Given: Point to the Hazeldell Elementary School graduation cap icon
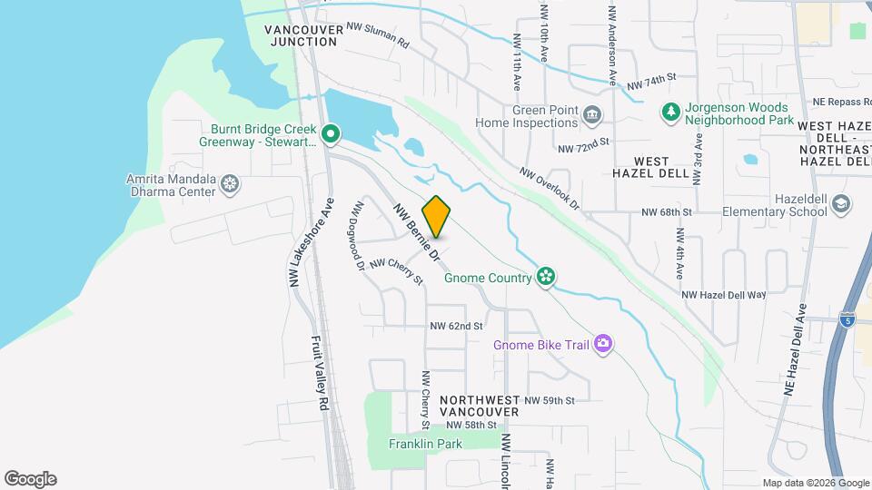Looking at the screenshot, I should tap(841, 204).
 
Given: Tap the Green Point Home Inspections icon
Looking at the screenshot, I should tap(593, 114).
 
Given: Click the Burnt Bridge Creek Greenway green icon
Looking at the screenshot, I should tap(332, 135).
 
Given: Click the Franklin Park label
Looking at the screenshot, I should tap(425, 444).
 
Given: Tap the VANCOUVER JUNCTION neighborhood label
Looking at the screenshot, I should tap(304, 35).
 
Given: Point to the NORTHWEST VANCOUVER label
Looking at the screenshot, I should tap(479, 406).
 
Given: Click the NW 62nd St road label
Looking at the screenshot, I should tap(456, 325).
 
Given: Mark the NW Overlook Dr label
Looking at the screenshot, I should tap(550, 187).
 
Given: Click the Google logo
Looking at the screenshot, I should tap(30, 479).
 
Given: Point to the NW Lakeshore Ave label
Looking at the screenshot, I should tap(311, 243).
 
